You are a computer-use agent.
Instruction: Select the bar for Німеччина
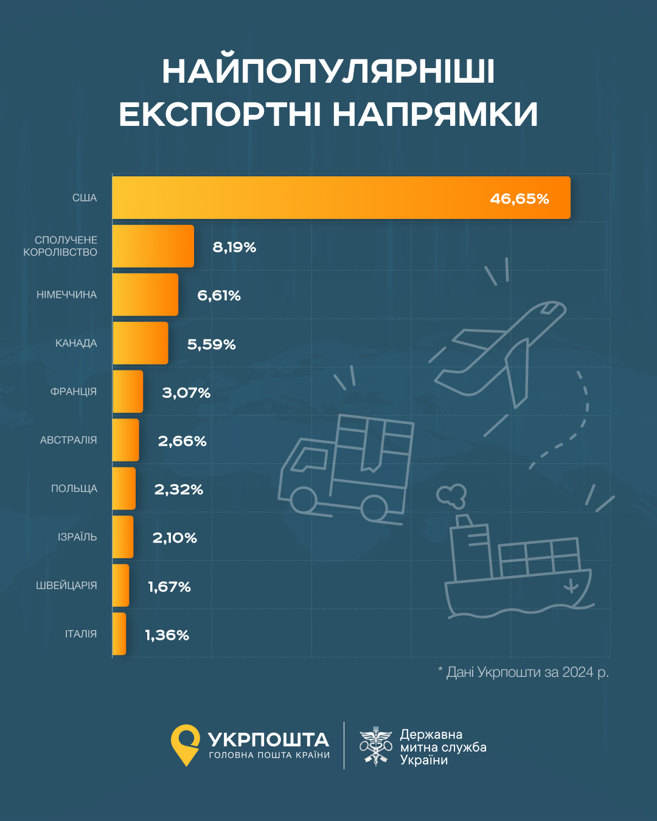coord(145,295)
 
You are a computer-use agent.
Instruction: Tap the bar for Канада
coord(140,343)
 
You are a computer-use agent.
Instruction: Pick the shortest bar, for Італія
coord(119,634)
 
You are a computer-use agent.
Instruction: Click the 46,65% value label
coord(520,199)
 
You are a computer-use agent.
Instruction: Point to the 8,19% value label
coord(234,247)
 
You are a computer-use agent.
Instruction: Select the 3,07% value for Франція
coord(186,393)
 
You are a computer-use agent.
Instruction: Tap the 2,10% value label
coord(175,538)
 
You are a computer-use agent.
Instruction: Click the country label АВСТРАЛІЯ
coord(68,440)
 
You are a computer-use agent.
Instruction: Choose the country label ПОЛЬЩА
coord(74,489)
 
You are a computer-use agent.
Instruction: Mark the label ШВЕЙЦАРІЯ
coord(66,586)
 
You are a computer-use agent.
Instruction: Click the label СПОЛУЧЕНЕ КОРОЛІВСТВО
coord(60,246)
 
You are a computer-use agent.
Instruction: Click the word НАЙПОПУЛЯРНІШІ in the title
coord(328,72)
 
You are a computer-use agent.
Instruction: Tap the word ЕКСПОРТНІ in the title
coord(220,115)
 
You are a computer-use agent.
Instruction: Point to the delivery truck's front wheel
coord(303,500)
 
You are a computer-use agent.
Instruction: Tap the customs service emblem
coord(376,746)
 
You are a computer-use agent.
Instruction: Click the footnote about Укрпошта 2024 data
coord(523,672)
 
